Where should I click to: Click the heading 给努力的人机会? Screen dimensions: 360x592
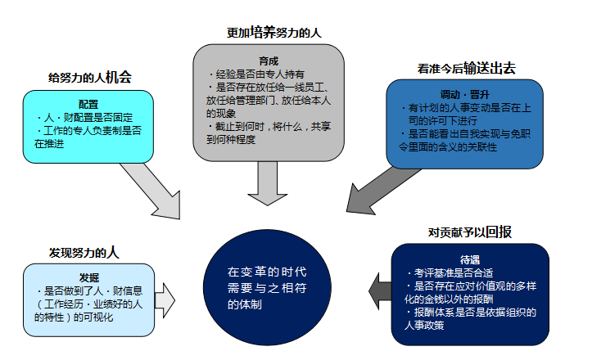pyautogui.click(x=90, y=78)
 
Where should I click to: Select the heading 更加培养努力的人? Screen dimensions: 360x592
pyautogui.click(x=274, y=33)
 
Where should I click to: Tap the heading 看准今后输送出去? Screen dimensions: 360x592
pyautogui.click(x=467, y=68)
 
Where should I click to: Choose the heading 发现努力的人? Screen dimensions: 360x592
pyautogui.click(x=84, y=251)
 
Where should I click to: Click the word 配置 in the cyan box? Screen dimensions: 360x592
pyautogui.click(x=88, y=105)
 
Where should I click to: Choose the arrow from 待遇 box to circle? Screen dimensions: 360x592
pyautogui.click(x=380, y=287)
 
